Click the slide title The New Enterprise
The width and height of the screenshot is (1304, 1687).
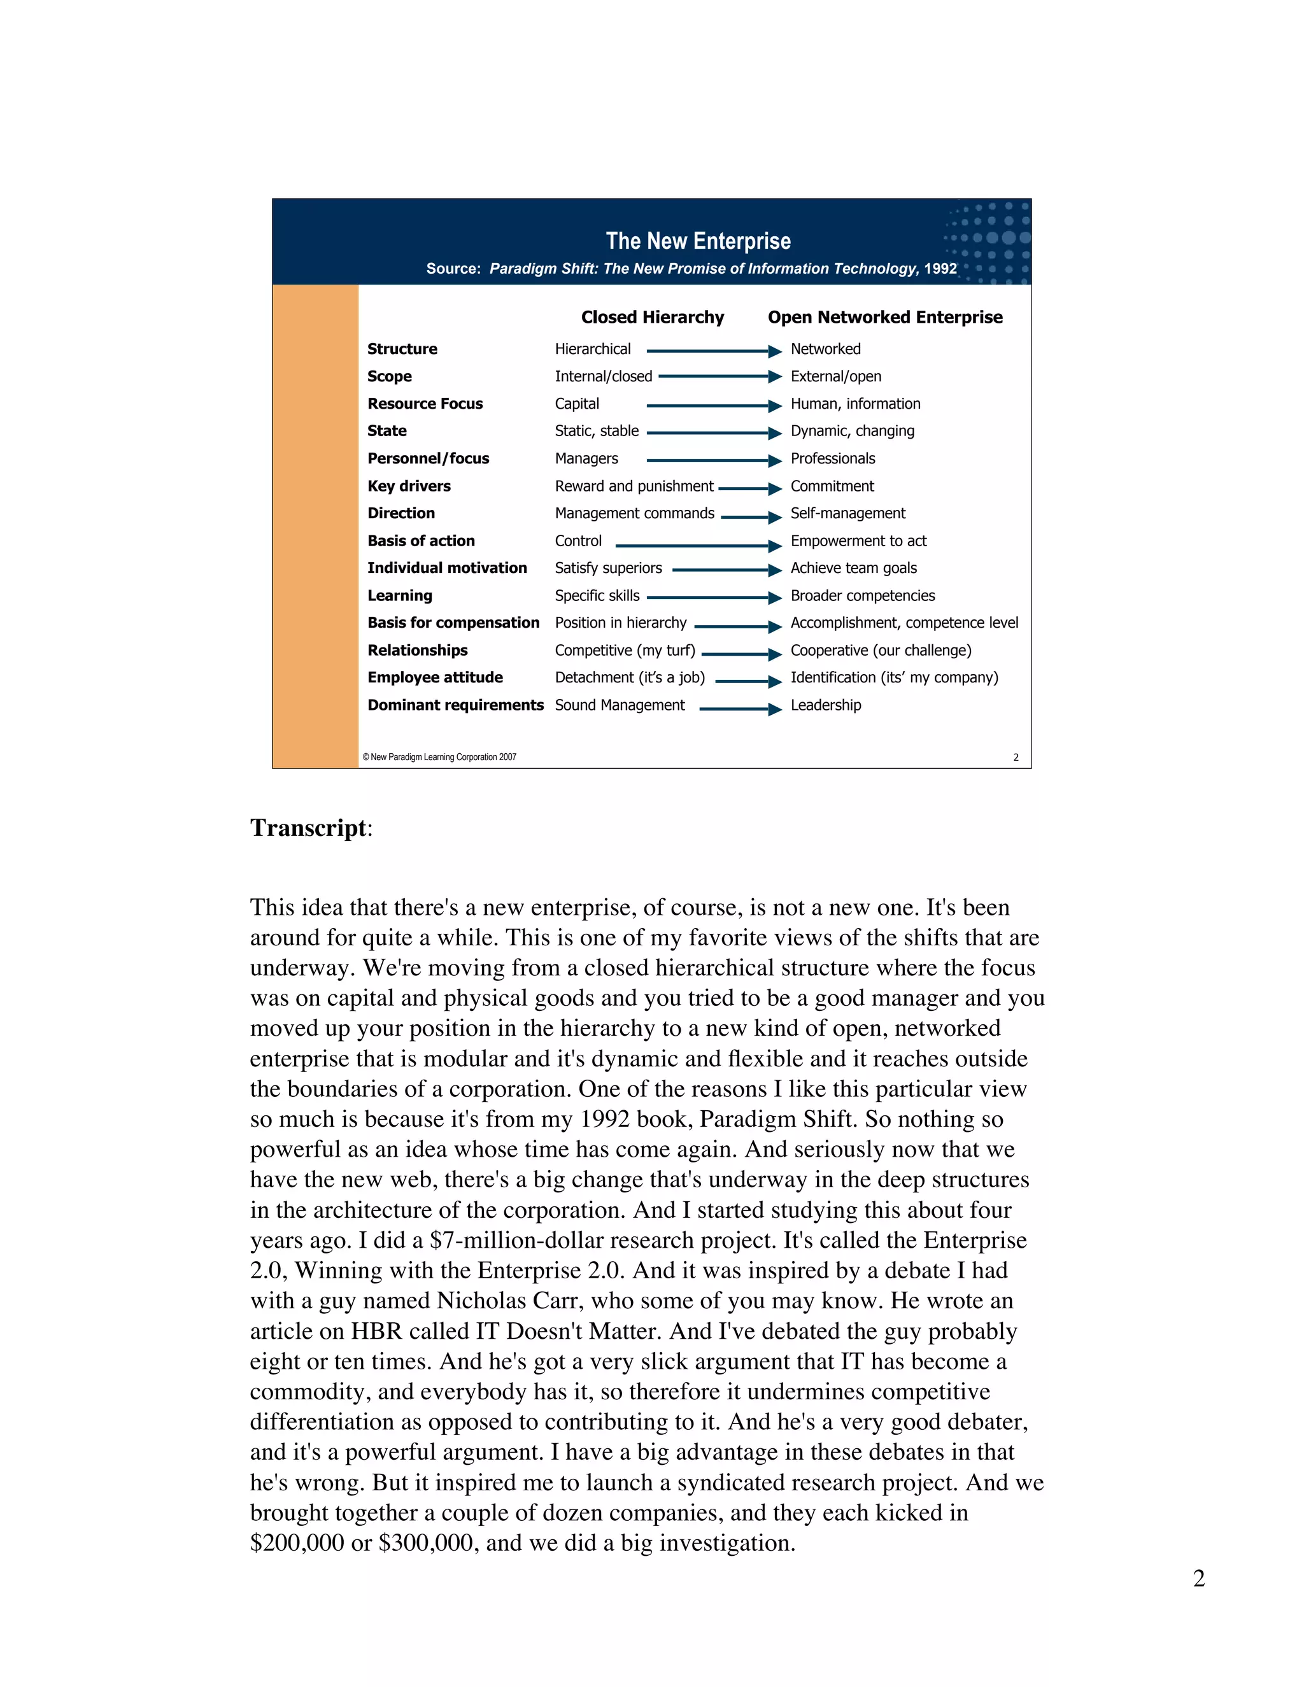pos(698,241)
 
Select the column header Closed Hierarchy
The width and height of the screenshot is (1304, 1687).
pos(652,318)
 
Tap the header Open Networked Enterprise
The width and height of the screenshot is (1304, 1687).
pos(884,318)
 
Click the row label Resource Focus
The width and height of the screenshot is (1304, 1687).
pos(425,404)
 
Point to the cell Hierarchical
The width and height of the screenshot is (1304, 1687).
pos(593,349)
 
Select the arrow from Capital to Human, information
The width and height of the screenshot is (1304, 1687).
pos(713,406)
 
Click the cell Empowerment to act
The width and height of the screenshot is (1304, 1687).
pos(858,540)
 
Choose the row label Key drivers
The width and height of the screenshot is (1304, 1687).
pos(409,486)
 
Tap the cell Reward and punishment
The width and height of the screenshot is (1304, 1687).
pos(634,486)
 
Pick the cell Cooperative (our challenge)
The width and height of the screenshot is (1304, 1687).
pos(881,651)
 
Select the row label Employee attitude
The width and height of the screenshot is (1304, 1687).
pos(435,677)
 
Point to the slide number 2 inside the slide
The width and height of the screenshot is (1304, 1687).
pos(1015,758)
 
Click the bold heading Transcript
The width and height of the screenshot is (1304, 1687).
pos(309,828)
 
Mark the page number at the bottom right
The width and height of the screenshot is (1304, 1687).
pos(1198,1578)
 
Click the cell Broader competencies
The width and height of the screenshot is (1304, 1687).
pos(862,596)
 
